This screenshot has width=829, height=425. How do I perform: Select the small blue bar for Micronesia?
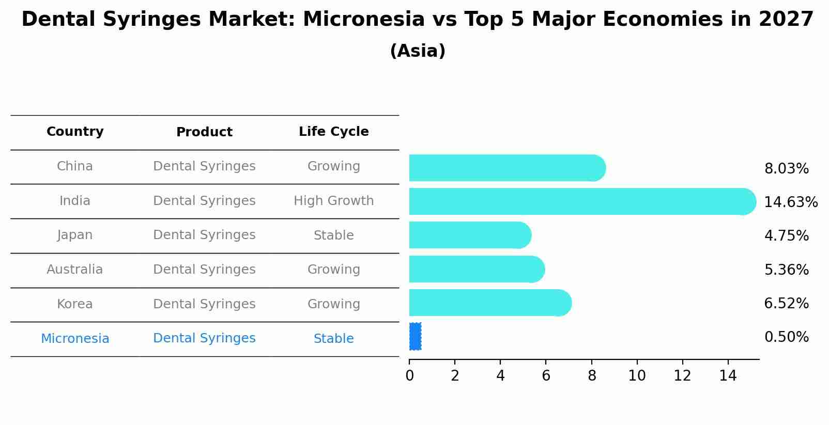(415, 336)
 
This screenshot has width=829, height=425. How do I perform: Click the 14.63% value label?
(790, 202)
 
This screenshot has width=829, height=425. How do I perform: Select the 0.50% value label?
(786, 337)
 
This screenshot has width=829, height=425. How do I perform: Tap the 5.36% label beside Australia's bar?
(786, 270)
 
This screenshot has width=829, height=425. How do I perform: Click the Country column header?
(75, 132)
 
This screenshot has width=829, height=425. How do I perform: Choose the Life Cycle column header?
(333, 132)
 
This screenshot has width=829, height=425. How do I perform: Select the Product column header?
(204, 132)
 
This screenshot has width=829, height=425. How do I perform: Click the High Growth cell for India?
(333, 201)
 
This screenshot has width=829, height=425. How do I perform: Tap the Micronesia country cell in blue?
(75, 339)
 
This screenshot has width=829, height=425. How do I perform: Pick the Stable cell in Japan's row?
(333, 235)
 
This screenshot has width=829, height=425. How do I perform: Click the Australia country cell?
(75, 270)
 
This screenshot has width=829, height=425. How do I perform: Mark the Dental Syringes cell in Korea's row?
(204, 304)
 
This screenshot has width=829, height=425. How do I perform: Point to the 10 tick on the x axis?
(637, 376)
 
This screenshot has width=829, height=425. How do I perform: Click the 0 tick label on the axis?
(409, 376)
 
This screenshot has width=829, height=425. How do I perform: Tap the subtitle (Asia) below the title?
(418, 51)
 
